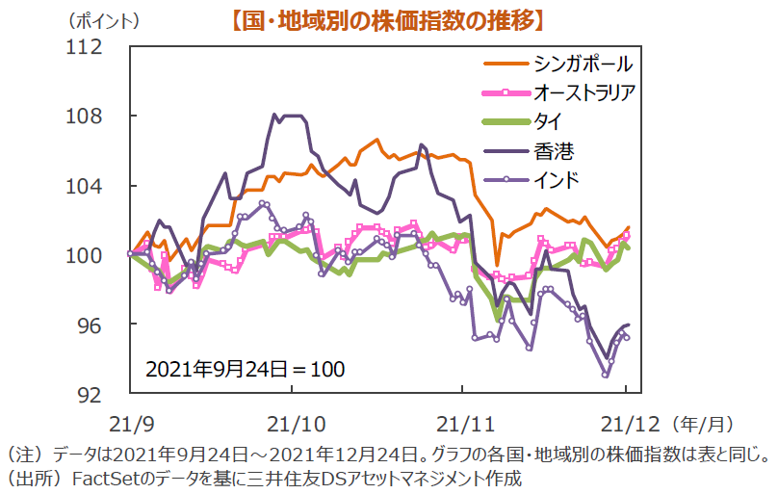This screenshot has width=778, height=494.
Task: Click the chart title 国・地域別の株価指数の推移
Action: coord(389,20)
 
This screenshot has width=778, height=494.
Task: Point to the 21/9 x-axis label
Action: coord(128,422)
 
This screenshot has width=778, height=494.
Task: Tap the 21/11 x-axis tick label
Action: coord(461,422)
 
